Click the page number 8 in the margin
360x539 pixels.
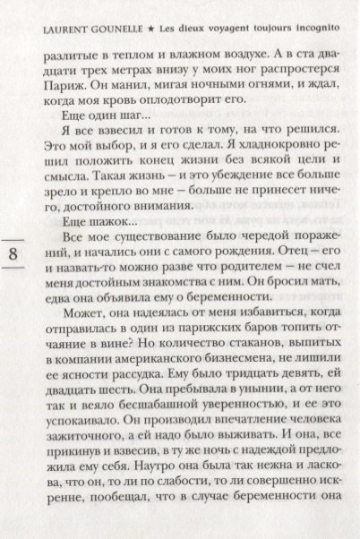pos(13,253)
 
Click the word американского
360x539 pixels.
pos(157,386)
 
